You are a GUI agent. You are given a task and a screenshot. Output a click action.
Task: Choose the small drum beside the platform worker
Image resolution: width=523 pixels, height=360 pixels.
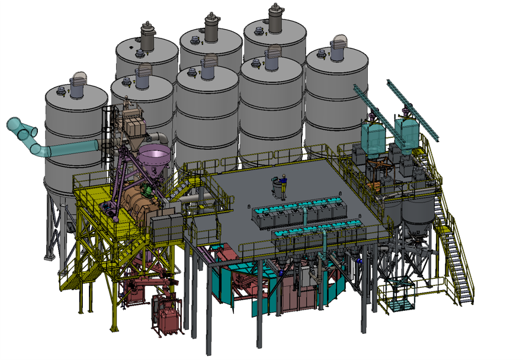click(277, 188)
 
